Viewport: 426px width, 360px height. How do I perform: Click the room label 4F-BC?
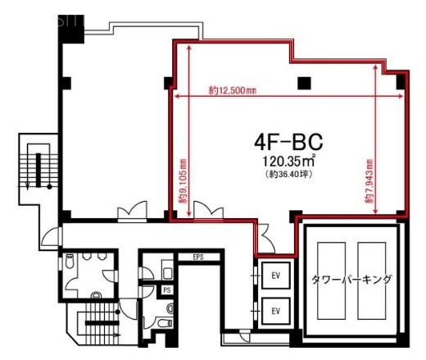coord(282,142)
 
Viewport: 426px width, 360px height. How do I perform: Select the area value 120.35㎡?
coord(283,163)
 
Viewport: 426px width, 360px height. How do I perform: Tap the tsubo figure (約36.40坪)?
coord(283,175)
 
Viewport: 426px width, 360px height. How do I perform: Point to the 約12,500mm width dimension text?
coord(233,90)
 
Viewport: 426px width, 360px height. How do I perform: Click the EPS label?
coord(197,258)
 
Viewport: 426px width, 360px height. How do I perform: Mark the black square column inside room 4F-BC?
coord(304,82)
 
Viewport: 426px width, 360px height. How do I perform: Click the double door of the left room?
coord(129,215)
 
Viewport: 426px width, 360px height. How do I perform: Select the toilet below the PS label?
coord(169,309)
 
